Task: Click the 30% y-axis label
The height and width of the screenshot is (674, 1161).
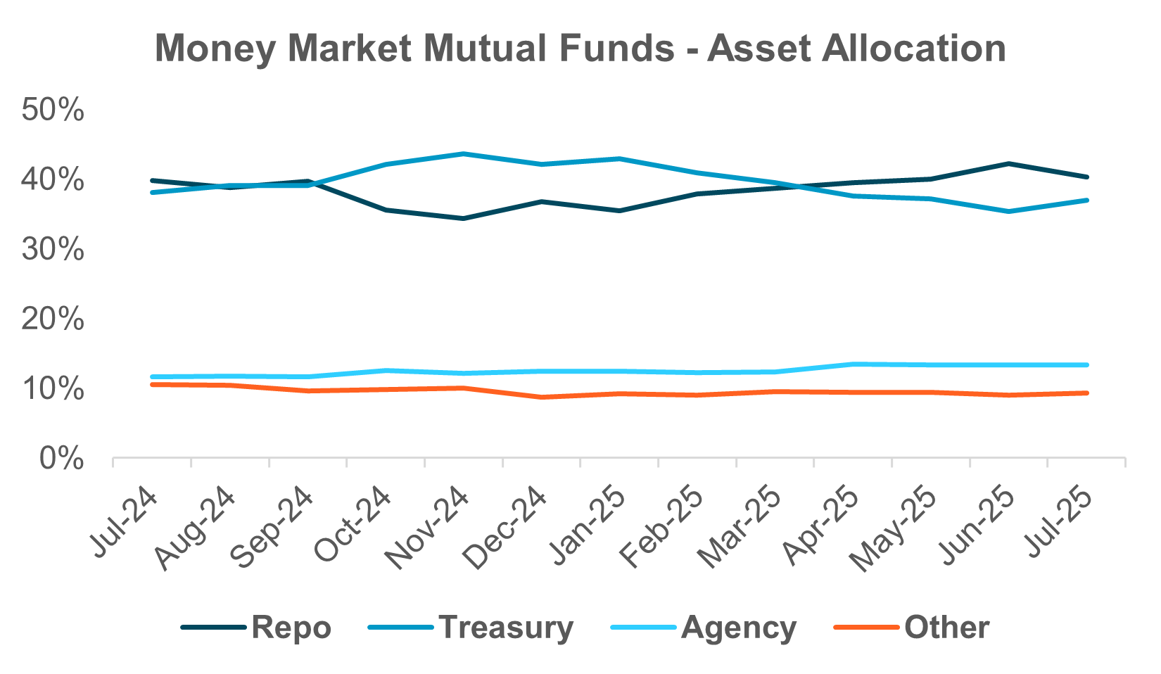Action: [53, 250]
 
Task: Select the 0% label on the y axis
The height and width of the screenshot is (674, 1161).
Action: [62, 459]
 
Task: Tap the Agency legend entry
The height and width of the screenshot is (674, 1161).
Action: [739, 627]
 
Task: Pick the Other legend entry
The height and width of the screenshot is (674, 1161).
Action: [946, 627]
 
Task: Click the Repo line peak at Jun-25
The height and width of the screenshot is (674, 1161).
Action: [1010, 164]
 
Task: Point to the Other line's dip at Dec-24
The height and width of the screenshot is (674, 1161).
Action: [542, 397]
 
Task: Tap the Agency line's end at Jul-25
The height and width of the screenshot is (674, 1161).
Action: [1087, 364]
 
